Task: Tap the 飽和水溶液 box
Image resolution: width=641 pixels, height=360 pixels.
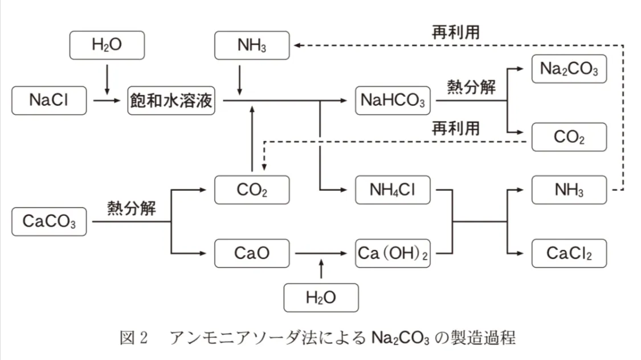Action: click(x=171, y=101)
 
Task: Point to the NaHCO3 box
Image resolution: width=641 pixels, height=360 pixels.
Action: click(x=393, y=101)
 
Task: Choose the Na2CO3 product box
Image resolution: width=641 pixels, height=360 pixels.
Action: click(x=569, y=69)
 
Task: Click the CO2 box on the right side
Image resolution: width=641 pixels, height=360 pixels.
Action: click(x=569, y=137)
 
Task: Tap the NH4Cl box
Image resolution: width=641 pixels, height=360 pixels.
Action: click(x=393, y=190)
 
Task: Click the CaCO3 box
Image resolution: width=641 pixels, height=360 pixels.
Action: click(x=49, y=222)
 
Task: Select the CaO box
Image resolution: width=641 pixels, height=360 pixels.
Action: click(x=252, y=253)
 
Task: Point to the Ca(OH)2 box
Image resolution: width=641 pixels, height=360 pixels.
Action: click(x=393, y=253)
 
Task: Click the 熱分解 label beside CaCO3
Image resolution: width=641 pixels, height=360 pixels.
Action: click(x=132, y=208)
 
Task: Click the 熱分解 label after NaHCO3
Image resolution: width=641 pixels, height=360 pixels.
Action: click(x=471, y=88)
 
